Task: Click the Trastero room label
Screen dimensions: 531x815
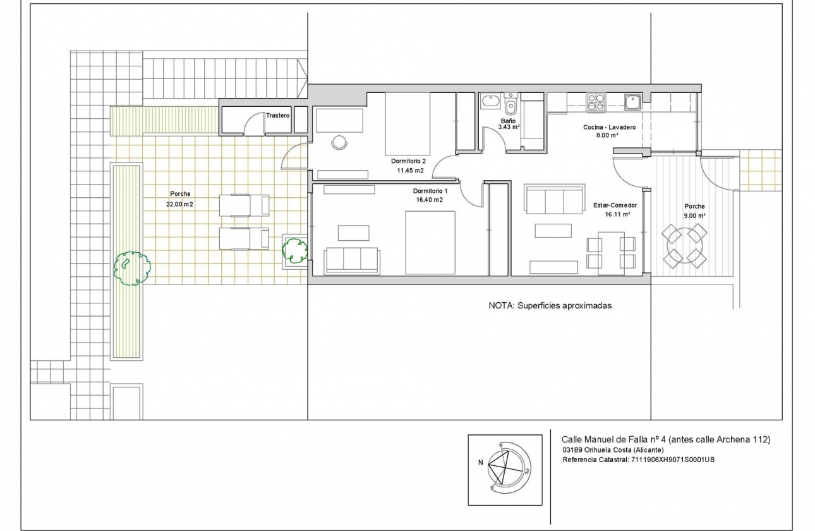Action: point(277,116)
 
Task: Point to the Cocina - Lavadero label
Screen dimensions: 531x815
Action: point(609,127)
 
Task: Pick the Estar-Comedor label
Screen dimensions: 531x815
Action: point(615,205)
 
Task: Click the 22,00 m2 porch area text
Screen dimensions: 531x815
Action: point(180,204)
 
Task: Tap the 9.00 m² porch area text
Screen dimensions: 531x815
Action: point(694,215)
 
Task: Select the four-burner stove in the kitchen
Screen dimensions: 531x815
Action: point(596,102)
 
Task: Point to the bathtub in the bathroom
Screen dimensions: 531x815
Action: point(491,101)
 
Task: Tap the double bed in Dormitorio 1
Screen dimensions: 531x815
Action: point(430,242)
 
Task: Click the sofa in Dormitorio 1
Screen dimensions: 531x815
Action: point(352,260)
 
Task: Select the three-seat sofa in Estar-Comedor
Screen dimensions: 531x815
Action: point(554,200)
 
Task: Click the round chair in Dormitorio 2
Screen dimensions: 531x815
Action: point(339,142)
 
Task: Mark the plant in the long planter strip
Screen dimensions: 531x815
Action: point(131,268)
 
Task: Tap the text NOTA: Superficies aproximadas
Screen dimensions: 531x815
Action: point(550,305)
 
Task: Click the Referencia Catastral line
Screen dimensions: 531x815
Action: point(638,460)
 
